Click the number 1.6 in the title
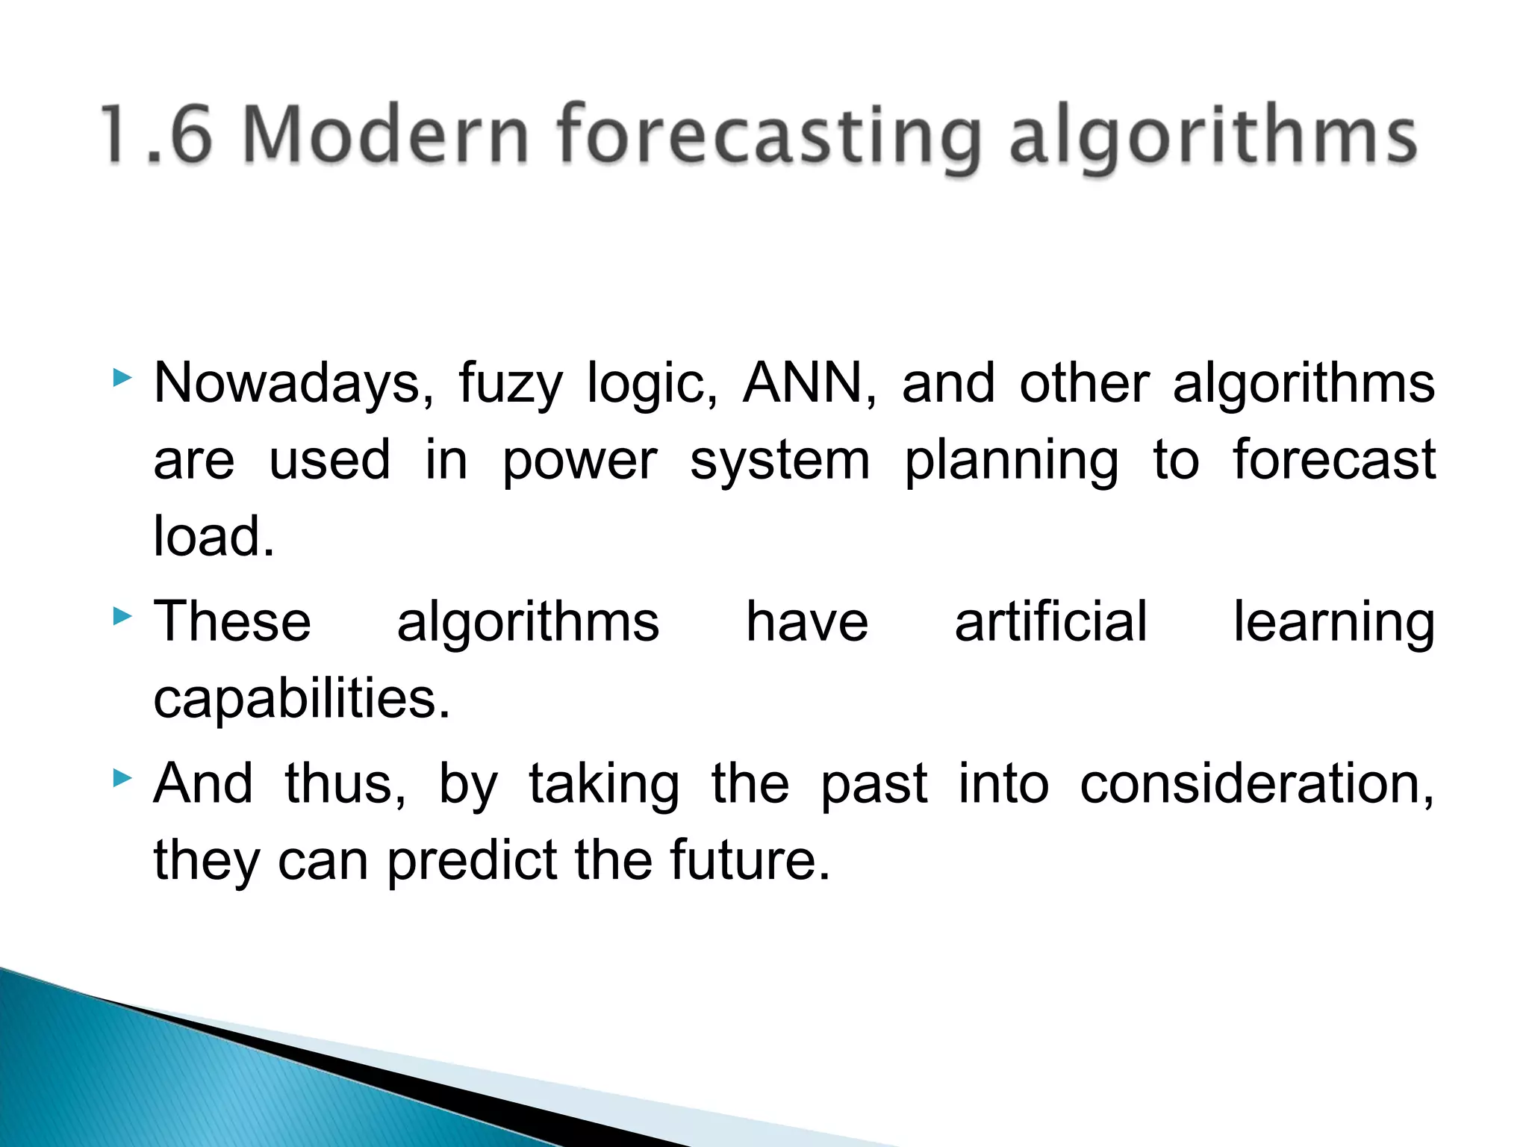click(x=157, y=134)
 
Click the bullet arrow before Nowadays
click(x=122, y=379)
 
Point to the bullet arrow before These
click(x=122, y=617)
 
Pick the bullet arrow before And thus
click(x=122, y=780)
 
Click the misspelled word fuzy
click(x=510, y=385)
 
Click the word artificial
click(x=1050, y=621)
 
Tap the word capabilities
click(x=302, y=700)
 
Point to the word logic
click(x=652, y=385)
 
